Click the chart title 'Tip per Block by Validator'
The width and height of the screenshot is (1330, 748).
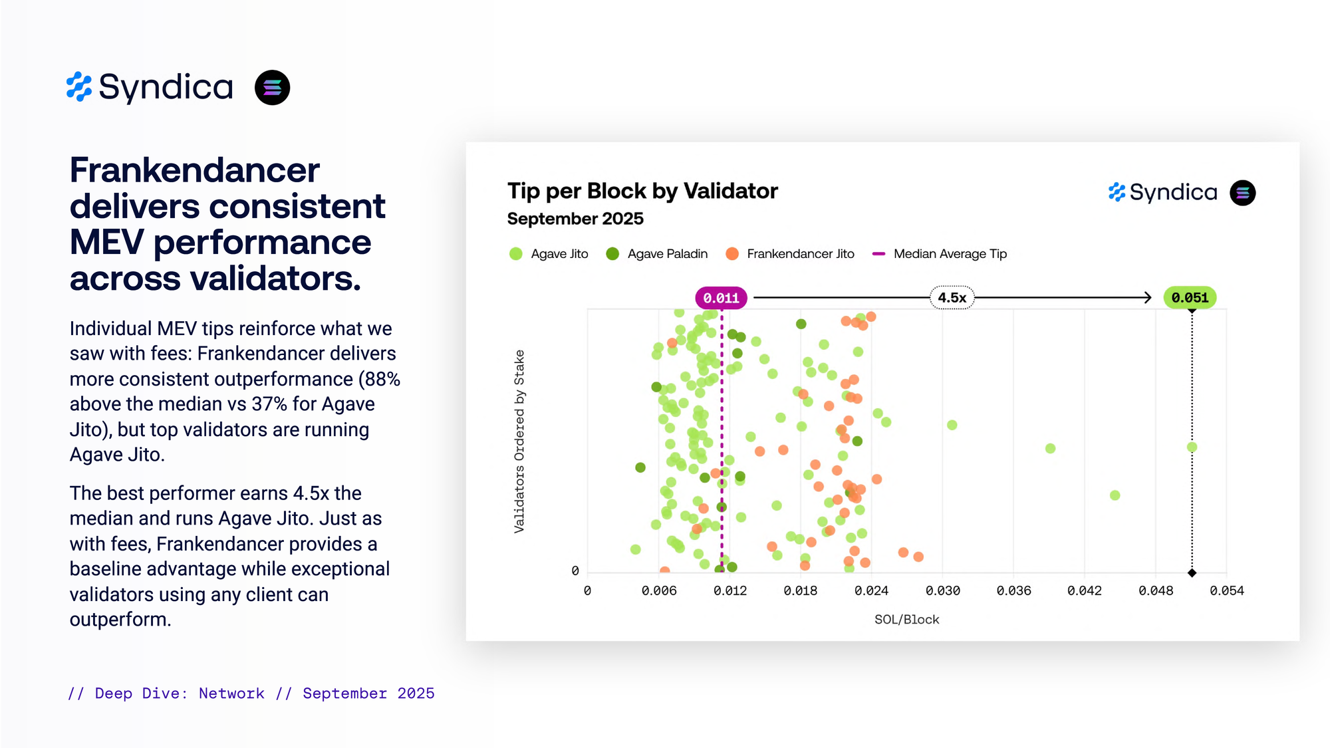[x=642, y=191]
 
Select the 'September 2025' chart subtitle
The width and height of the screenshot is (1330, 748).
[x=575, y=219]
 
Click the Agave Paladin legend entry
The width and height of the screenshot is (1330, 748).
[x=657, y=254]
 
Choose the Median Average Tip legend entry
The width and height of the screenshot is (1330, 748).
[x=940, y=254]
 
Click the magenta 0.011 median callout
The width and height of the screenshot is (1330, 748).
[x=721, y=298]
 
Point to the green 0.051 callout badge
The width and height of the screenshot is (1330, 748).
[x=1190, y=298]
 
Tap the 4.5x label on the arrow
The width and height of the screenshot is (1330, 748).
[x=952, y=298]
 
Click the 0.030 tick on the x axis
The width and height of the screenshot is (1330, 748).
[x=942, y=590]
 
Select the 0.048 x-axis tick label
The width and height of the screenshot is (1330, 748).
[x=1155, y=590]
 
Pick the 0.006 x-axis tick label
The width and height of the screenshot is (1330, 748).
[x=658, y=590]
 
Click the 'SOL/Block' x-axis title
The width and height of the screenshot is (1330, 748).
[x=906, y=620]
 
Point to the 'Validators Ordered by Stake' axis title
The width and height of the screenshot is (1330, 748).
[x=519, y=441]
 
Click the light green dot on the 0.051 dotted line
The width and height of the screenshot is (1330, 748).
[x=1192, y=447]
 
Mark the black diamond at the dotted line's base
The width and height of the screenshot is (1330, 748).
[x=1192, y=572]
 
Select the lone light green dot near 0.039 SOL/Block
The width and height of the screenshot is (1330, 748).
[x=1050, y=448]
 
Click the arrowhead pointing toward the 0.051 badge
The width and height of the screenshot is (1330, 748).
[x=1147, y=298]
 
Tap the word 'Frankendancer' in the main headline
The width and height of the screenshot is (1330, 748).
[x=194, y=170]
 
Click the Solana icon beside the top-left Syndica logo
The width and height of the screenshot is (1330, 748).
[x=272, y=88]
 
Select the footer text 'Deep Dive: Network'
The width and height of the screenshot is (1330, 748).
[x=180, y=693]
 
